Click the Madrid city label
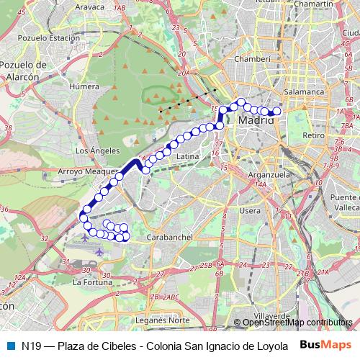point(257,120)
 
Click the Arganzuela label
point(267,174)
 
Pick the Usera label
point(249,210)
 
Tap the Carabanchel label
point(166,236)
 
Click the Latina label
point(187,156)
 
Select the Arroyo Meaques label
point(86,171)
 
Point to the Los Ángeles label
point(91,150)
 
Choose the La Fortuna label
point(89,282)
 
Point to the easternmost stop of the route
point(276,111)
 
